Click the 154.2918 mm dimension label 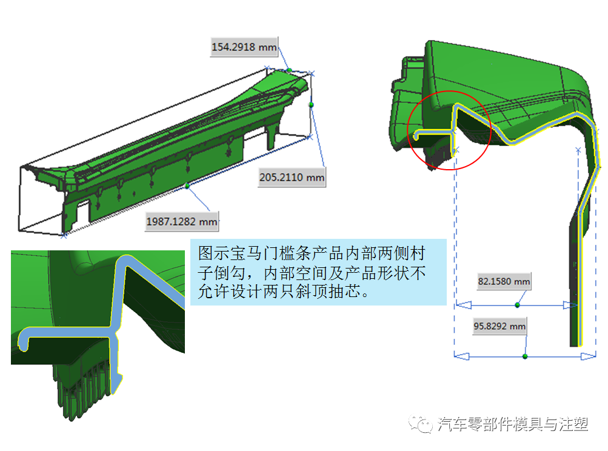(244, 47)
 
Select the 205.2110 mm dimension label (292, 177)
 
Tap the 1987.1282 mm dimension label (181, 221)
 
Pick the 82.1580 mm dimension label (504, 281)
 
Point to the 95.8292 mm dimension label (499, 326)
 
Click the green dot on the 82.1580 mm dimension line (517, 305)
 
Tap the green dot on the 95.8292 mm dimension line (525, 356)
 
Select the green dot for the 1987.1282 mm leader (187, 186)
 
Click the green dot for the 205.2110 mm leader (311, 105)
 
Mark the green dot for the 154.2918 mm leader (289, 70)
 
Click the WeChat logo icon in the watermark (420, 424)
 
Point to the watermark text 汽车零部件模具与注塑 (513, 424)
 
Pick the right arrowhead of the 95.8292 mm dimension (588, 356)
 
